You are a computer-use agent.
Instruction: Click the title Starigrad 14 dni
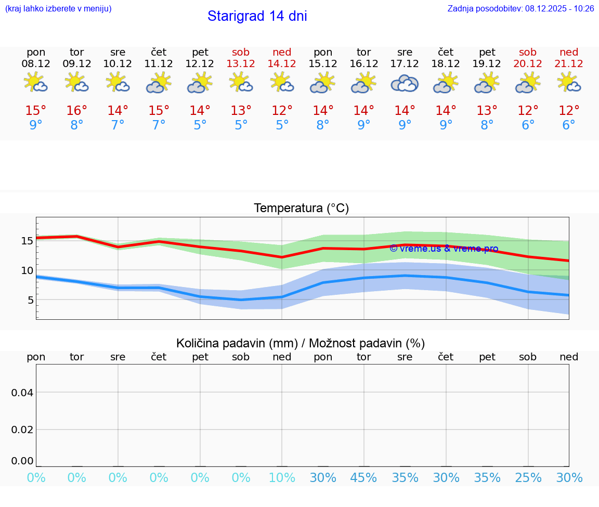click(x=257, y=16)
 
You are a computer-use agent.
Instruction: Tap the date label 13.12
click(x=241, y=64)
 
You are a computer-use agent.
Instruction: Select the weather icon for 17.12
click(x=405, y=83)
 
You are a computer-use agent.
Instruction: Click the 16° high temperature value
click(x=77, y=111)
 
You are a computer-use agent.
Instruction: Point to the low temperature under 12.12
click(x=200, y=125)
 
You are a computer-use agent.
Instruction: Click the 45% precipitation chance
click(x=364, y=478)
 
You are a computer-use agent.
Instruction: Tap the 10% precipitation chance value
click(x=282, y=478)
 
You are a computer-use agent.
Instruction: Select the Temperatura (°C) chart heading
click(x=301, y=209)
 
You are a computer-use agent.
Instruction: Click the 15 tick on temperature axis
click(x=27, y=241)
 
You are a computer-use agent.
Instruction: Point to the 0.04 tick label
click(x=22, y=393)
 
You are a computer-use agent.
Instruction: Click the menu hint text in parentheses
click(x=58, y=9)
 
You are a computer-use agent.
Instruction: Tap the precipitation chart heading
click(x=301, y=343)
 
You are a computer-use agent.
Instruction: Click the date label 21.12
click(x=569, y=64)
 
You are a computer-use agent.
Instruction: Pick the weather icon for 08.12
click(x=36, y=83)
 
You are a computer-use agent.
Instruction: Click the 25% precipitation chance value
click(x=528, y=478)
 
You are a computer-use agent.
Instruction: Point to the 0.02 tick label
click(x=22, y=430)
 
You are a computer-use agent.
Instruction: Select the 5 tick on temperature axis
click(x=30, y=300)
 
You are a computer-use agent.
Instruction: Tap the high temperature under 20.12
click(x=528, y=111)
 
